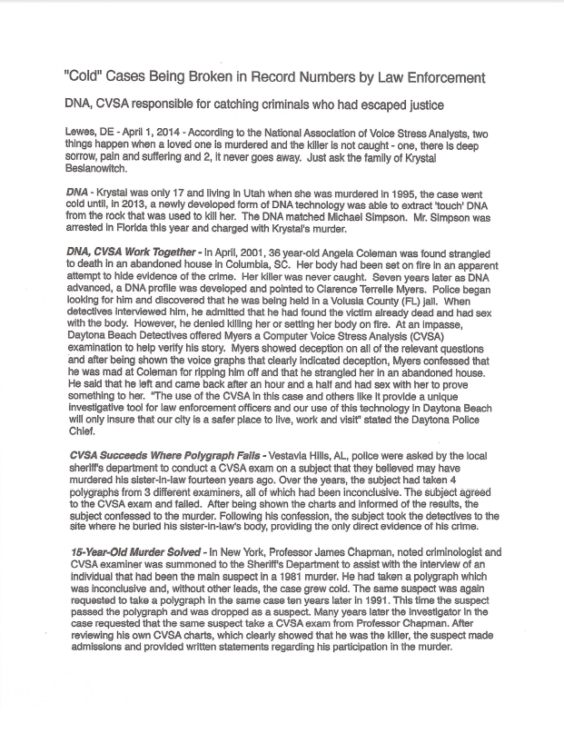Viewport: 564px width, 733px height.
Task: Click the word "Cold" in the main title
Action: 86,76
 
